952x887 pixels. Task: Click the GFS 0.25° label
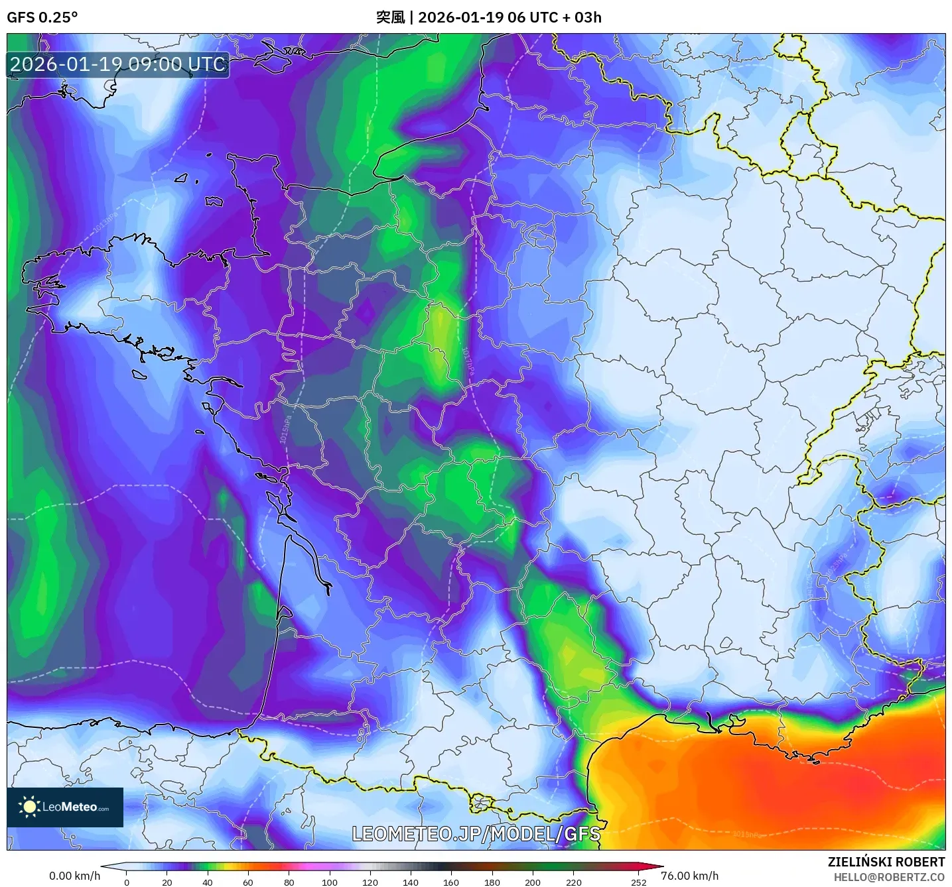pos(42,17)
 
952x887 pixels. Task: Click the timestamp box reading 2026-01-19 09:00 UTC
pos(118,64)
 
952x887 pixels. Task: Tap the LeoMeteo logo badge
pos(65,807)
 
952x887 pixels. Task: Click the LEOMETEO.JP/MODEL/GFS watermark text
pos(476,834)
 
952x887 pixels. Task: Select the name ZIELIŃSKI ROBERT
pos(886,862)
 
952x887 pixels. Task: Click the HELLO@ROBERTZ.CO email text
pos(889,877)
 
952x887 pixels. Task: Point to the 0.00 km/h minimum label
pos(74,876)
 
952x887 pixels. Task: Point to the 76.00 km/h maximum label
pos(690,876)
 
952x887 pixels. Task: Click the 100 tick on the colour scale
pos(330,882)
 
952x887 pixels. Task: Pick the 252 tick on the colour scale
pos(638,882)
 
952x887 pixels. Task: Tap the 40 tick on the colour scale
pos(208,882)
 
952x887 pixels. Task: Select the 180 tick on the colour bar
pos(492,882)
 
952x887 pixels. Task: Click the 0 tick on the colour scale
pos(127,882)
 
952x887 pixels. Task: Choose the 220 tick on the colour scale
pos(573,882)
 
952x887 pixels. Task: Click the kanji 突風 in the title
pos(390,17)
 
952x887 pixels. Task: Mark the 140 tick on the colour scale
pos(411,882)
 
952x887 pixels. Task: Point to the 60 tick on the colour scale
pos(248,882)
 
